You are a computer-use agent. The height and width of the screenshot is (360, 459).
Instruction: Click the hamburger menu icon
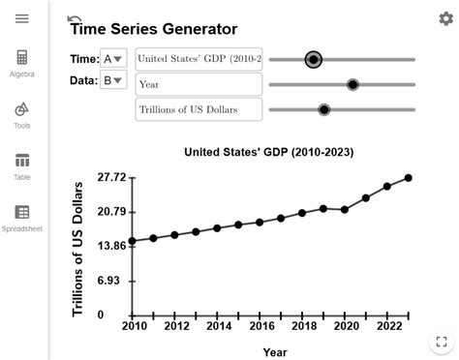pos(22,19)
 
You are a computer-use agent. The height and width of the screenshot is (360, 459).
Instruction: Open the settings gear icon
pos(445,18)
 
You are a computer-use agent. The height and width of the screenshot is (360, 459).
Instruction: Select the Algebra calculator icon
pos(22,59)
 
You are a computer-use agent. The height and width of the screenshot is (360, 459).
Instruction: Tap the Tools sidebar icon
pos(22,110)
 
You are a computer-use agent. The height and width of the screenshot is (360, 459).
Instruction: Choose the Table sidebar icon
pos(22,162)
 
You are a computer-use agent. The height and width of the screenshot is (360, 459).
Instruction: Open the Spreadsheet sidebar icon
pos(22,213)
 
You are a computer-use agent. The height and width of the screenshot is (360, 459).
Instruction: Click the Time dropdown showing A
pos(113,59)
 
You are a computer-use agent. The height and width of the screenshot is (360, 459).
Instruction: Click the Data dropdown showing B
pos(113,81)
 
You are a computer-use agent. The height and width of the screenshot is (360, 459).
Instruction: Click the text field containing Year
pos(199,84)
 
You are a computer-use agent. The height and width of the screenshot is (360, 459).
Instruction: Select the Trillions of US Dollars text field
pos(199,109)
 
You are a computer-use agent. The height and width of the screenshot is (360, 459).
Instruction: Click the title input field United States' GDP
pos(199,59)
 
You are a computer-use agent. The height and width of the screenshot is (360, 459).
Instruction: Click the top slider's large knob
pos(313,60)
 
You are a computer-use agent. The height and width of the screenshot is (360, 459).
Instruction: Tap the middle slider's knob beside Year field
pos(352,85)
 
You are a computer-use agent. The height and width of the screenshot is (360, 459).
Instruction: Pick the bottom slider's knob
pos(323,109)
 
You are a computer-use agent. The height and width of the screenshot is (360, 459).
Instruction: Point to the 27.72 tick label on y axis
pos(112,178)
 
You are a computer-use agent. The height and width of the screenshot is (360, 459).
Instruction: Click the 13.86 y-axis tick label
pos(112,246)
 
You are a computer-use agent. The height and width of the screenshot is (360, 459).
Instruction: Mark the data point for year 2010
pos(132,241)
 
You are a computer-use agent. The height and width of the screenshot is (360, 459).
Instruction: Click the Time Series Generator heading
pos(153,30)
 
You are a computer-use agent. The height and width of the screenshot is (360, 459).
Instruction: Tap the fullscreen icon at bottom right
pos(441,343)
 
